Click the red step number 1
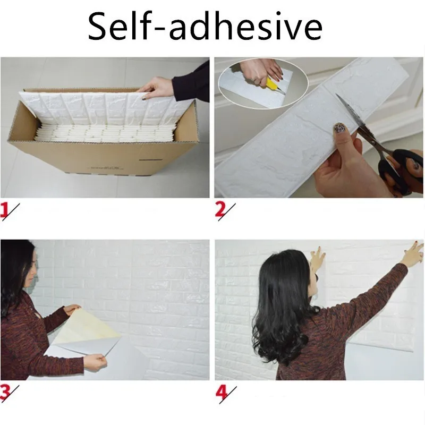4,210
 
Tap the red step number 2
220,210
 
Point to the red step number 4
221,393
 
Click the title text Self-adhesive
205,26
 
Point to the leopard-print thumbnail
339,127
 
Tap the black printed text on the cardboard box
106,168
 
